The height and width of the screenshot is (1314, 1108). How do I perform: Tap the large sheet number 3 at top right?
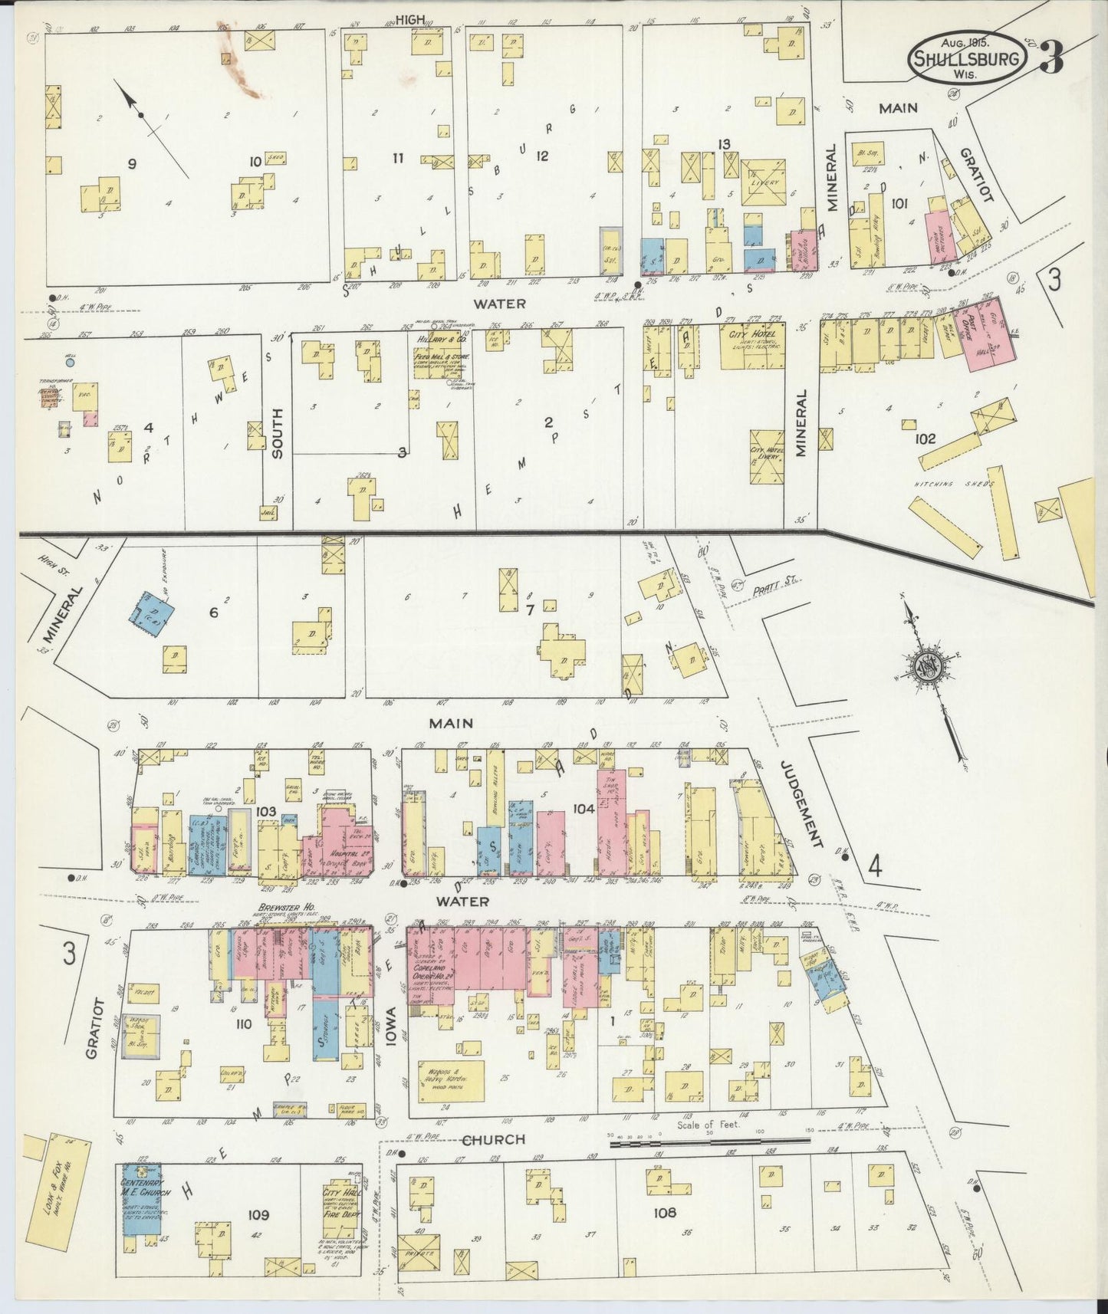1053,57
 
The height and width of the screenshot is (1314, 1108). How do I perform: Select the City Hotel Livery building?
766,454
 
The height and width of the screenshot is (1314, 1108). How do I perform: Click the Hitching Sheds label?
953,484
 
